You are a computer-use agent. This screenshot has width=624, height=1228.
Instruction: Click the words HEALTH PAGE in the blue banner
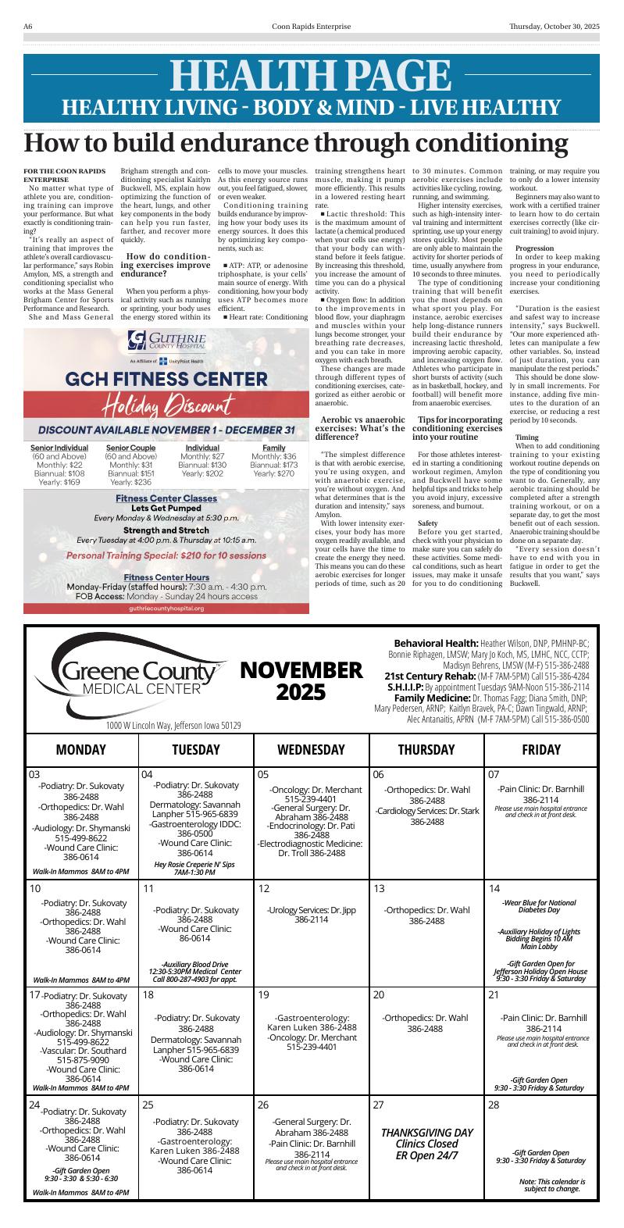[x=311, y=76]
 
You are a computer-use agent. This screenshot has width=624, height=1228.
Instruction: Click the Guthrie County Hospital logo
[x=167, y=342]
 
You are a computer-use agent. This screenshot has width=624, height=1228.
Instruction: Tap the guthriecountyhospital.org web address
[x=166, y=607]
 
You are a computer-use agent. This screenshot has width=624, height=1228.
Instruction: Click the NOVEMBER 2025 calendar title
[x=301, y=680]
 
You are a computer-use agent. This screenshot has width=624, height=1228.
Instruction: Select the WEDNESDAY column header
[x=311, y=749]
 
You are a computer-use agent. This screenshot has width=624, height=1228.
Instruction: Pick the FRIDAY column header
[x=541, y=749]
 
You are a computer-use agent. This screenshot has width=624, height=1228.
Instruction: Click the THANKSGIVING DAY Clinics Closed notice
[x=426, y=1144]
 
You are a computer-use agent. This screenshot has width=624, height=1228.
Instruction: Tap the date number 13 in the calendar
[x=379, y=889]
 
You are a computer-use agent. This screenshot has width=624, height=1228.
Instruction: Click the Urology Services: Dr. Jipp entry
[x=311, y=915]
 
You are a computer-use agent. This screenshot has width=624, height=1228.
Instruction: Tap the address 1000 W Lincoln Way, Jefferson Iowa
[x=173, y=725]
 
